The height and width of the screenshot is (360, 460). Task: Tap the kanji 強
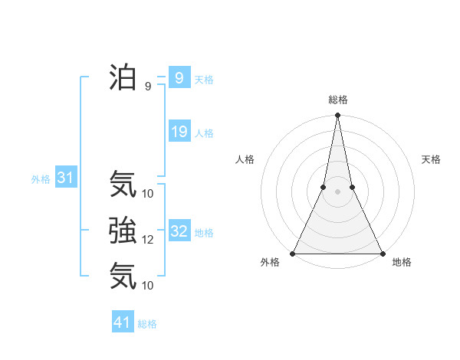click(123, 230)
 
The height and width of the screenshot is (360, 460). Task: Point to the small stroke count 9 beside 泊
click(148, 87)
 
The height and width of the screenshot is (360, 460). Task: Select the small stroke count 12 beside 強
click(148, 240)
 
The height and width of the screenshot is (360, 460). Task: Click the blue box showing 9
click(179, 77)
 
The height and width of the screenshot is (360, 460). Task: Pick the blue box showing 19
click(179, 132)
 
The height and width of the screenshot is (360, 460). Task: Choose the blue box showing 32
click(179, 231)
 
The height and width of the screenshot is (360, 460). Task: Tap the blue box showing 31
click(65, 178)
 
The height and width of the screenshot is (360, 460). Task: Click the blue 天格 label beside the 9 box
click(204, 80)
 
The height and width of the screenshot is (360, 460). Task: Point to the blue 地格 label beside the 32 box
click(204, 233)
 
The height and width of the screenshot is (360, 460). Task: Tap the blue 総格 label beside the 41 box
click(147, 324)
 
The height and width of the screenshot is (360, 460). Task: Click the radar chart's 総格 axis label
click(337, 100)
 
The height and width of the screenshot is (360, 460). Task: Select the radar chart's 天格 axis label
click(431, 159)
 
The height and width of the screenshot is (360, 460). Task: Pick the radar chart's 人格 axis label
click(245, 159)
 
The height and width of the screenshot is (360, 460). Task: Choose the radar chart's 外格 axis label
click(270, 262)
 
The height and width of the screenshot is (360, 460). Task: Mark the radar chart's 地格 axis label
click(402, 262)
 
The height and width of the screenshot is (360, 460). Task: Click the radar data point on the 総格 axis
click(337, 116)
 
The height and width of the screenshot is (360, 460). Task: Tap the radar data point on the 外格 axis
click(293, 254)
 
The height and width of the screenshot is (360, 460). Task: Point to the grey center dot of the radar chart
click(337, 191)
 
